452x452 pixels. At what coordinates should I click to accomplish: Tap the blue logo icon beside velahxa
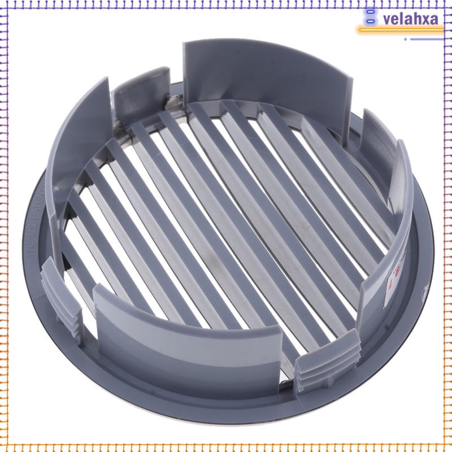(371, 16)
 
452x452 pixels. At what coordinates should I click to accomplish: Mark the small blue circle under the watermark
(405, 39)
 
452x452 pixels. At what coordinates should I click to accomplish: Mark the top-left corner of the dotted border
(3, 3)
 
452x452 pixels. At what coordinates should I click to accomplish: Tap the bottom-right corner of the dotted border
(449, 449)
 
